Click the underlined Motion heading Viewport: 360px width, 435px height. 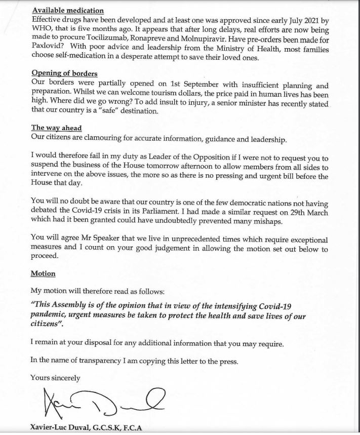(43, 273)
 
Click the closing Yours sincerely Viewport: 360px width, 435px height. (55, 377)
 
